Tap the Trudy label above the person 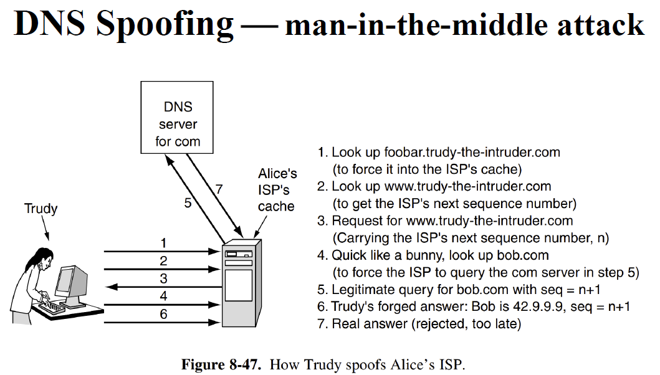click(41, 209)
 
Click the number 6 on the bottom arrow click(163, 315)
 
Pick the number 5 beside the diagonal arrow click(188, 202)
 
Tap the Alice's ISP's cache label click(277, 189)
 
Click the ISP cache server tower click(242, 283)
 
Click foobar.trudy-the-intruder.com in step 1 click(472, 152)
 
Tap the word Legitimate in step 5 click(360, 290)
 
